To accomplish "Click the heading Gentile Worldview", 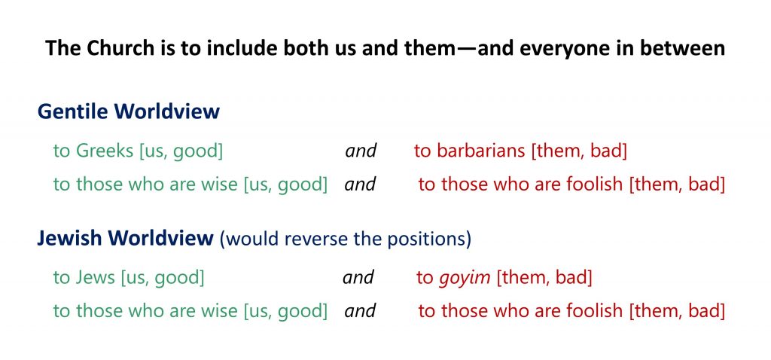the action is coord(128,111).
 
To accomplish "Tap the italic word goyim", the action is coord(465,279).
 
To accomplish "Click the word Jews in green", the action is coord(94,278).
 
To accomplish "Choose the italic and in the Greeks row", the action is coord(361,151).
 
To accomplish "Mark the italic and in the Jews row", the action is coord(358,278).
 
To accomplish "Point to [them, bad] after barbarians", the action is coord(579,151).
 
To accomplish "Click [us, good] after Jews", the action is coord(163,279).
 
